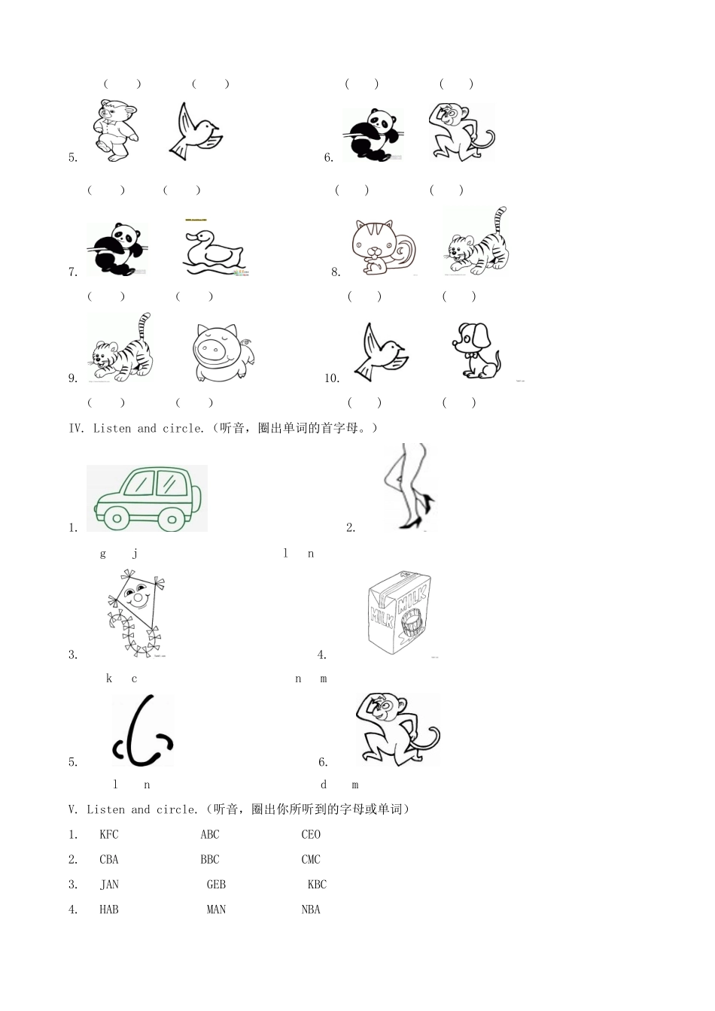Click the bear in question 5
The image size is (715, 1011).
coord(117,130)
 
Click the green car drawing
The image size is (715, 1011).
coord(147,498)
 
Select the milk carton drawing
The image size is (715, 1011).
coord(401,615)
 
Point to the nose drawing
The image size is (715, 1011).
coord(143,730)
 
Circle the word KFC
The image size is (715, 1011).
coord(109,834)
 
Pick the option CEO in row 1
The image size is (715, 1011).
coord(311,834)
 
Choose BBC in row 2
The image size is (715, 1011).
coord(210,859)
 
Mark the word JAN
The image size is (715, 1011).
coord(109,885)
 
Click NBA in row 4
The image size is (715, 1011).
coord(311,909)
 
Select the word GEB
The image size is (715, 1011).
coord(216,885)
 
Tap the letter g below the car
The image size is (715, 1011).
coord(103,554)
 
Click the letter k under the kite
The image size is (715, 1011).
coord(109,679)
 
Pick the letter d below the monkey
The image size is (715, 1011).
coord(324,785)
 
